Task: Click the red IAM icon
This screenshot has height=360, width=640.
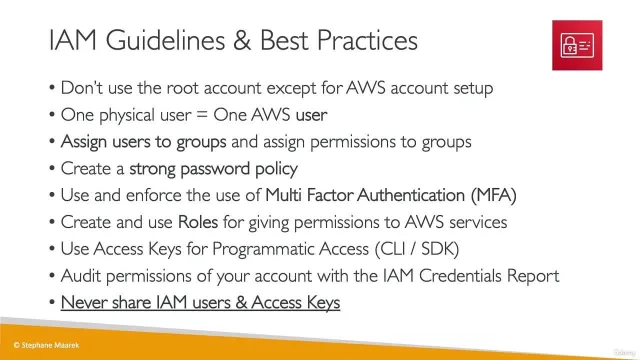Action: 577,45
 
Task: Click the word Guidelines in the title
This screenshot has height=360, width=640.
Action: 165,40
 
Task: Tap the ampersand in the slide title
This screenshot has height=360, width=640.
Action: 242,40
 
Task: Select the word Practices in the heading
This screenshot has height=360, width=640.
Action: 367,40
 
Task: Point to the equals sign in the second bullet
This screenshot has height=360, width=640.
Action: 202,115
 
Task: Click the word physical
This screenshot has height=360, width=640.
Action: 127,116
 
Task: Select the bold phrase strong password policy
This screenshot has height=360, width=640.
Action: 213,169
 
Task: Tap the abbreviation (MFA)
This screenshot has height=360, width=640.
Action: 493,196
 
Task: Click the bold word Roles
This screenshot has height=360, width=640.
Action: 198,222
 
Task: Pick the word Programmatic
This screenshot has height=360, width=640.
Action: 264,249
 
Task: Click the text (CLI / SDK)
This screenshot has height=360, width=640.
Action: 417,249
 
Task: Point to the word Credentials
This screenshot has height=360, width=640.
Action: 460,276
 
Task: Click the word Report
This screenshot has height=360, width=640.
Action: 533,276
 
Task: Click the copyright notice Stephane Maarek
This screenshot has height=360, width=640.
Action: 47,345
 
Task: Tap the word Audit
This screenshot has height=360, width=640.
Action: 81,276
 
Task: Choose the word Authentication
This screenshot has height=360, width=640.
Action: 411,195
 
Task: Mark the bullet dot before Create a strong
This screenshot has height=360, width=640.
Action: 52,168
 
